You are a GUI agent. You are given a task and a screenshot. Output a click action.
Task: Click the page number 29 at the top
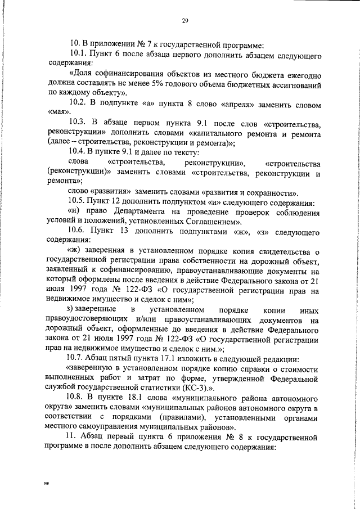pyautogui.click(x=184, y=21)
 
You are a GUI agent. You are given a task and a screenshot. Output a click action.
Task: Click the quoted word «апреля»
pyautogui.click(x=229, y=105)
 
